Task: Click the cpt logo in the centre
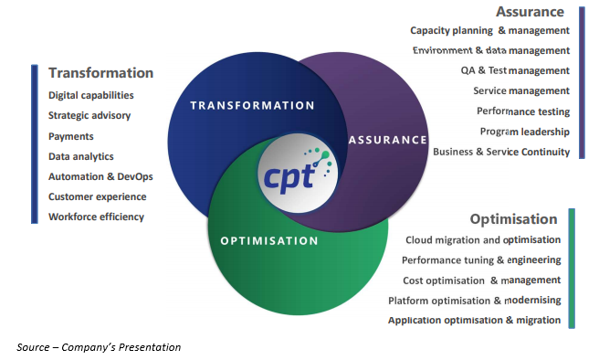click(x=298, y=173)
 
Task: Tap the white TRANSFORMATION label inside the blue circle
click(x=253, y=105)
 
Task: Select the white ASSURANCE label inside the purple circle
click(x=388, y=140)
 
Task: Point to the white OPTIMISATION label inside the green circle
click(x=269, y=241)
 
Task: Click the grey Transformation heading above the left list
click(x=100, y=72)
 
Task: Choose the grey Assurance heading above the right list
click(x=530, y=12)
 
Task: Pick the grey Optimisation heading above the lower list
click(x=513, y=219)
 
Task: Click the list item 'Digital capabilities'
click(x=91, y=95)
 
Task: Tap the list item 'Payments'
click(x=70, y=136)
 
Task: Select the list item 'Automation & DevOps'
click(x=100, y=176)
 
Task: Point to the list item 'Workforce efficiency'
click(x=96, y=217)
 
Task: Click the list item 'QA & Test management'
click(x=515, y=70)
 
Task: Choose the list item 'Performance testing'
click(x=523, y=111)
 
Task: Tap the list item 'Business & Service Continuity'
click(x=501, y=152)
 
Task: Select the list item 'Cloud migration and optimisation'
click(x=483, y=240)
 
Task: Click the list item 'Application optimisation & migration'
click(x=475, y=321)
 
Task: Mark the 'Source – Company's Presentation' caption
click(x=99, y=347)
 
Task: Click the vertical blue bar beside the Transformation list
click(x=35, y=144)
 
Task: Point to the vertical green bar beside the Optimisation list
click(x=572, y=269)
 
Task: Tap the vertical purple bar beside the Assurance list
click(x=582, y=82)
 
